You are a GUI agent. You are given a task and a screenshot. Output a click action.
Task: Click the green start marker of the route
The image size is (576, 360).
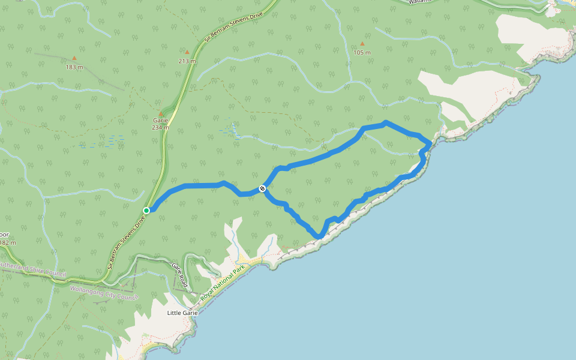pos(146,210)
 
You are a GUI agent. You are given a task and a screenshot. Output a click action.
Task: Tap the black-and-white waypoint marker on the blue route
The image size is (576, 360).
pos(262,189)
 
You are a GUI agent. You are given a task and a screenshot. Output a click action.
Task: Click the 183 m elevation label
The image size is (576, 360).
pos(74,67)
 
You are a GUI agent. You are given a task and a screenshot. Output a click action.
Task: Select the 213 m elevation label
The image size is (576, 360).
pos(187,61)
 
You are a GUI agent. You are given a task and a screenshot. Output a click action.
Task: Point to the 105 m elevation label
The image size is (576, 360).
pos(362,52)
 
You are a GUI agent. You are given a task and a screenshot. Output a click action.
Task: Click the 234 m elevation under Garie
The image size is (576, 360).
pos(160,127)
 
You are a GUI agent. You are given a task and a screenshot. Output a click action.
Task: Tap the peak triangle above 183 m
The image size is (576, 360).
pos(74,58)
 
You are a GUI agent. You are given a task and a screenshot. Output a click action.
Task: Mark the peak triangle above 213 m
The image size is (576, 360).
pos(187,52)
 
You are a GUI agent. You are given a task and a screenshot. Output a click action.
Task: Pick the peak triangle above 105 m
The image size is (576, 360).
pos(362,44)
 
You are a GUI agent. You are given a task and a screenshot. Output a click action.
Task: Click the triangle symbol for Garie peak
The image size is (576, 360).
pos(160,113)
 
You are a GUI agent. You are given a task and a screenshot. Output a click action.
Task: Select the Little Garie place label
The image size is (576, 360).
pos(182,313)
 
